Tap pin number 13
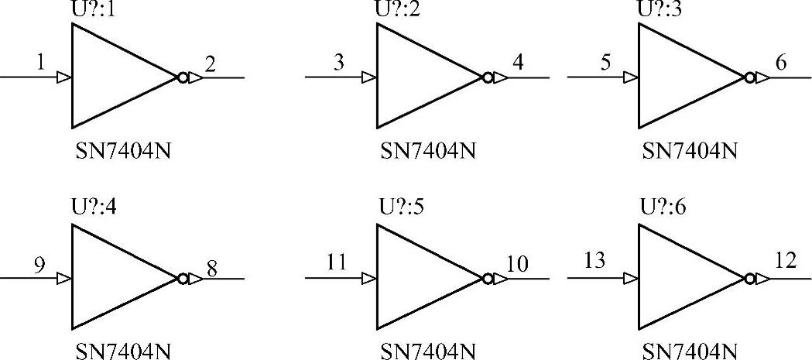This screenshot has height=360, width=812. coord(594,262)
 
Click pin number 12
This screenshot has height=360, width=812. coord(785,262)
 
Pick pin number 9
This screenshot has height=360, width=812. coord(39,265)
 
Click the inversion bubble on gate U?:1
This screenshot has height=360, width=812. coord(182,77)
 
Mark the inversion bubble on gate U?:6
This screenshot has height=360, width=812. coord(749,278)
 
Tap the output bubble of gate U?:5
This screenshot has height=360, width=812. coord(487,278)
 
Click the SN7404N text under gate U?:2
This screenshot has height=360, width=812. coord(427,150)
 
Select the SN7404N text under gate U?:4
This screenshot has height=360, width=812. coord(122,351)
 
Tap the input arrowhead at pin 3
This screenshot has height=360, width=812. coord(371,77)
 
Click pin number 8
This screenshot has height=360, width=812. coord(211,265)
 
